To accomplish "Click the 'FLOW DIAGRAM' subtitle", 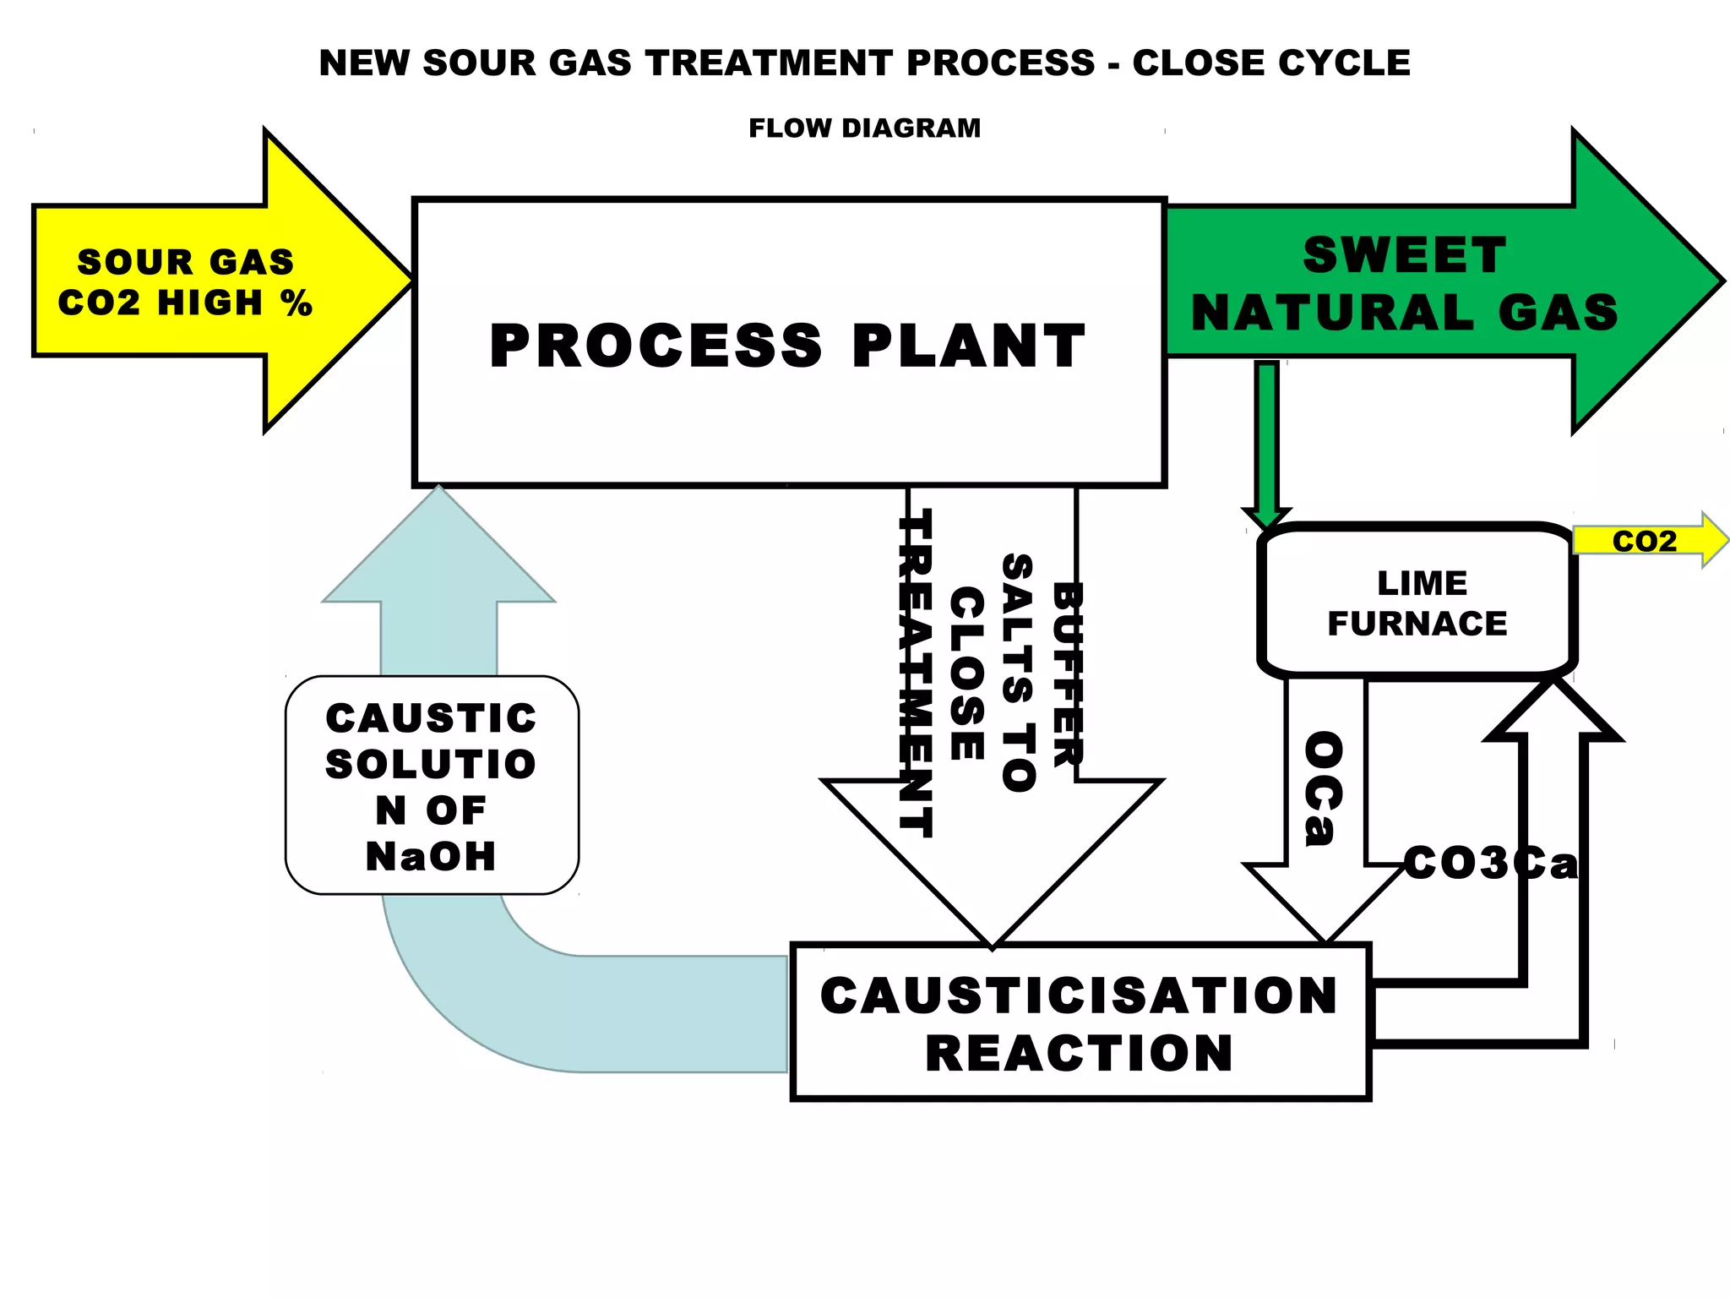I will point(864,128).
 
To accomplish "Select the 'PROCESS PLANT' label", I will point(787,346).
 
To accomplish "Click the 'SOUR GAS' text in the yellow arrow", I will point(186,262).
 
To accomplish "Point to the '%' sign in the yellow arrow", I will point(297,303).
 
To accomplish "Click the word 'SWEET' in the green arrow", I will point(1404,255).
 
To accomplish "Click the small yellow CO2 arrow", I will point(1647,541).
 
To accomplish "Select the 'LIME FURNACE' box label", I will point(1419,603).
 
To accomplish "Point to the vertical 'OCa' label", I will point(1324,788).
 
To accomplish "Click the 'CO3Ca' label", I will point(1490,864).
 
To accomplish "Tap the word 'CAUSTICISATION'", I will point(1079,995).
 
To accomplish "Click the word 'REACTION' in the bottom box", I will point(1079,1054).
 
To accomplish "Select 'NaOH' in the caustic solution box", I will point(431,857).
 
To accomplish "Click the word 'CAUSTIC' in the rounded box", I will point(431,719).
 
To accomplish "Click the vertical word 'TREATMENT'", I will point(916,674).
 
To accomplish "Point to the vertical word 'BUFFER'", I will point(1068,674).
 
